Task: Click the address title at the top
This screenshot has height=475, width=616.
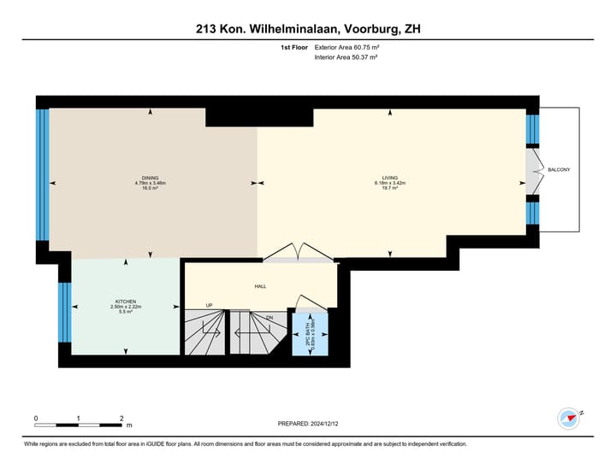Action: (x=308, y=29)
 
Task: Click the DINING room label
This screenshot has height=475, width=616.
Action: (x=151, y=177)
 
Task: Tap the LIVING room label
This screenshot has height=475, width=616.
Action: (x=390, y=177)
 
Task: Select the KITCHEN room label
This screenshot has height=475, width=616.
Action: (x=126, y=301)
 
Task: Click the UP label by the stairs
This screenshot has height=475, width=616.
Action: (x=209, y=305)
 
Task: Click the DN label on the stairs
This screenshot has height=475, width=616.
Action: (x=269, y=317)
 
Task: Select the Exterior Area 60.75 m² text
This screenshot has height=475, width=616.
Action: (x=346, y=47)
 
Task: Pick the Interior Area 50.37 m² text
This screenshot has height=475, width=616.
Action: (x=346, y=57)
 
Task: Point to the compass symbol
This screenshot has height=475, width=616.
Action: (x=568, y=419)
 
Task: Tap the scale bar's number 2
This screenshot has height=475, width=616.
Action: (x=122, y=419)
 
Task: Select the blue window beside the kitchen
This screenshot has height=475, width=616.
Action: (x=64, y=312)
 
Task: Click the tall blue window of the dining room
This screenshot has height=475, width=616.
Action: (x=42, y=175)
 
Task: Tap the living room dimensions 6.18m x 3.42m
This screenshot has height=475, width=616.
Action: (x=390, y=183)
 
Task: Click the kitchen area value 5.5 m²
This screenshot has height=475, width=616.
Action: (x=126, y=312)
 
